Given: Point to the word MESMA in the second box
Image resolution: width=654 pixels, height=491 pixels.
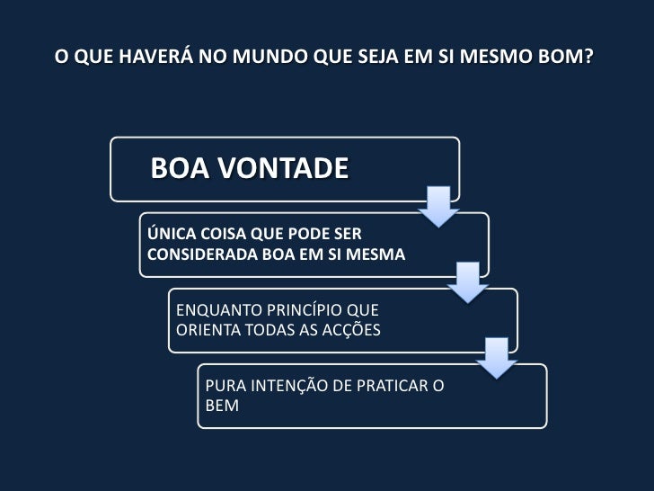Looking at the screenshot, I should click(x=378, y=254).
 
